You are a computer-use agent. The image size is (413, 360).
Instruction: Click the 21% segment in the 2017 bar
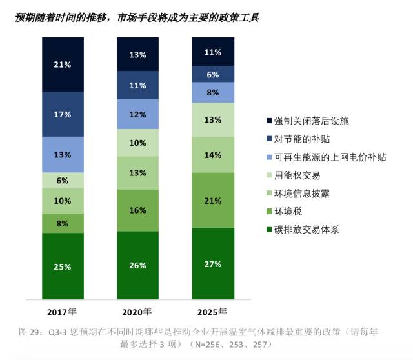click(63, 65)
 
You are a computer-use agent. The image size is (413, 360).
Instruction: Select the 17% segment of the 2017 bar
click(63, 114)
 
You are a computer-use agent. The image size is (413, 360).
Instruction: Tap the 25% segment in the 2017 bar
click(63, 266)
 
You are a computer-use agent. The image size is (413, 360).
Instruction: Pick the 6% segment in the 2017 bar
click(63, 181)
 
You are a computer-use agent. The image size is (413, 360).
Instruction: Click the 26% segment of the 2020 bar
click(137, 265)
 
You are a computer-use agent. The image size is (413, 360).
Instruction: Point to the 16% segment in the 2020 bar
click(137, 210)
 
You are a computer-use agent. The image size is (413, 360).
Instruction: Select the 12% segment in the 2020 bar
click(137, 114)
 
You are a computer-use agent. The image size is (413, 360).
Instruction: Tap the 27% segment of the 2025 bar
click(213, 263)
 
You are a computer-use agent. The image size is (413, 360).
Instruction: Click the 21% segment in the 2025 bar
click(213, 200)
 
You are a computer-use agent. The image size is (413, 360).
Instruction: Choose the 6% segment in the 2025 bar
click(213, 74)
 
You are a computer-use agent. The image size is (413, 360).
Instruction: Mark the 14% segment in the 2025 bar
click(213, 155)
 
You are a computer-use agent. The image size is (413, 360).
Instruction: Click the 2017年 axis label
click(63, 311)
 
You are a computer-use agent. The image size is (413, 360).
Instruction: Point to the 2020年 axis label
click(137, 311)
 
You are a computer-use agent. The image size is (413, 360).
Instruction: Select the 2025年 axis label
click(213, 311)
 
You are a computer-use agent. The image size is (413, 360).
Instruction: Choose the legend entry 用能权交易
click(297, 175)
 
